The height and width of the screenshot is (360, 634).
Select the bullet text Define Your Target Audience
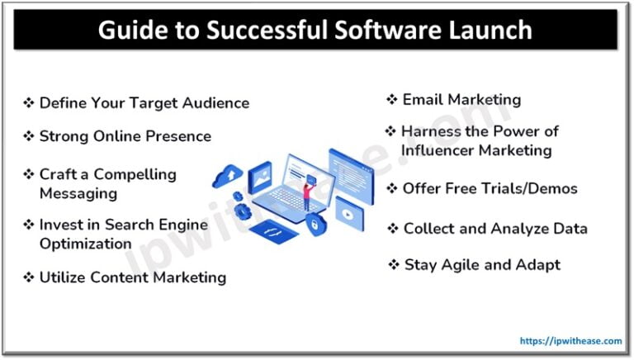pyautogui.click(x=144, y=103)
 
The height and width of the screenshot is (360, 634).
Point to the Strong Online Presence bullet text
pyautogui.click(x=125, y=136)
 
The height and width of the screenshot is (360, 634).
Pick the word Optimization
pyautogui.click(x=85, y=244)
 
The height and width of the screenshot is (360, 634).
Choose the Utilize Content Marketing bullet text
pyautogui.click(x=132, y=277)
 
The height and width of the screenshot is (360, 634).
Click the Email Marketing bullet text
pyautogui.click(x=461, y=100)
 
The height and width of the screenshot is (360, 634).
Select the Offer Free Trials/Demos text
pyautogui.click(x=490, y=188)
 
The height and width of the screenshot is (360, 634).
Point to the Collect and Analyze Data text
pyautogui.click(x=495, y=228)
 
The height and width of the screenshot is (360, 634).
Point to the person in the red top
pyautogui.click(x=306, y=197)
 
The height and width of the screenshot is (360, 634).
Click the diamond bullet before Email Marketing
pyautogui.click(x=392, y=100)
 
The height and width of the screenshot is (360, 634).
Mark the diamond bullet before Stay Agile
pyautogui.click(x=394, y=265)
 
